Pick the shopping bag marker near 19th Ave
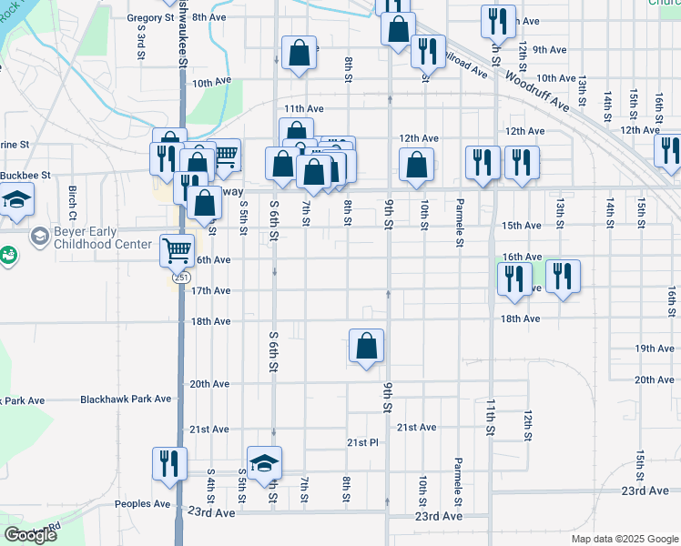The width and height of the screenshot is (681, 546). tap(366, 346)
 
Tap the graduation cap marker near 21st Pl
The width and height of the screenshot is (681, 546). tap(264, 462)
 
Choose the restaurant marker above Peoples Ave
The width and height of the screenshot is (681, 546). tap(169, 463)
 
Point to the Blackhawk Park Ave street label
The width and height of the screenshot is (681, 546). tap(126, 399)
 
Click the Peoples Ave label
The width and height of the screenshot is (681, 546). tap(142, 504)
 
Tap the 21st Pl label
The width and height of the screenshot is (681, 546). tap(361, 443)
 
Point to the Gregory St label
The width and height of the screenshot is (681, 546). tap(150, 17)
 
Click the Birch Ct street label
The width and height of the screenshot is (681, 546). tap(72, 197)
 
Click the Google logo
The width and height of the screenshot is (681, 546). tap(31, 535)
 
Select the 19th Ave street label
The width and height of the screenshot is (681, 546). tap(654, 349)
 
